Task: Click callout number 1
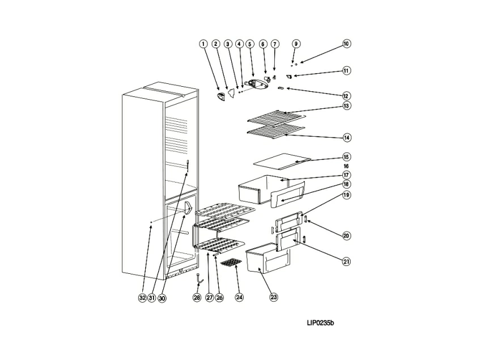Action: click(203, 44)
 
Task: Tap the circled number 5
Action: click(250, 44)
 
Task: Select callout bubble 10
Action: click(346, 44)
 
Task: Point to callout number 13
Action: click(346, 106)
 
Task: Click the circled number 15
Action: click(346, 157)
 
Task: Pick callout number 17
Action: click(346, 175)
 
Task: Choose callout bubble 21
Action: click(346, 261)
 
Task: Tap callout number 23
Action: click(274, 297)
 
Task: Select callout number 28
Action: click(197, 297)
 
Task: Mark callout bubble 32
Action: click(142, 297)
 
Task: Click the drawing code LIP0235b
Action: click(321, 324)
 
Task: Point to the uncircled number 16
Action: click(346, 166)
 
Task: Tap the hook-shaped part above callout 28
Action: click(198, 278)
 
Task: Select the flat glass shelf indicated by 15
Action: click(282, 163)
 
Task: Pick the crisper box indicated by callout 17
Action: click(258, 189)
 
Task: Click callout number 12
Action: click(346, 96)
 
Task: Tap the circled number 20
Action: click(346, 235)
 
